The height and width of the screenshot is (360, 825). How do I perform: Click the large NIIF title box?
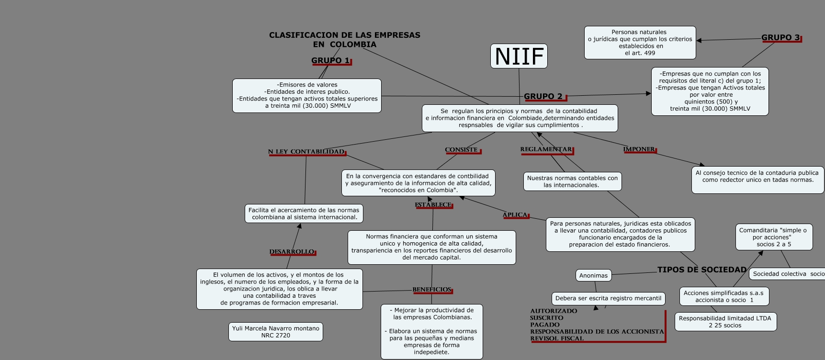click(x=519, y=56)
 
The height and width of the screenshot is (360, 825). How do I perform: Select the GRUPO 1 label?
click(x=330, y=60)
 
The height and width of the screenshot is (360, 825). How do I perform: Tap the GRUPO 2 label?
click(x=543, y=96)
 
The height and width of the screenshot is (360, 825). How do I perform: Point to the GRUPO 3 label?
click(x=780, y=37)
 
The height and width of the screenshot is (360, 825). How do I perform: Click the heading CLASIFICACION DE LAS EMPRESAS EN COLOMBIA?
click(x=345, y=40)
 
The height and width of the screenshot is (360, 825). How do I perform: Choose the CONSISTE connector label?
click(x=462, y=150)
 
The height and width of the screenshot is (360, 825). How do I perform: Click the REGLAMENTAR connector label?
click(x=546, y=149)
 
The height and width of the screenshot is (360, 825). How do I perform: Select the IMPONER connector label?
click(x=639, y=149)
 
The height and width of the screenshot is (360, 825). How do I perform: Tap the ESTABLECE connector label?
click(x=433, y=205)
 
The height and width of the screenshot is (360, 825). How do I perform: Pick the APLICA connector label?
click(x=515, y=215)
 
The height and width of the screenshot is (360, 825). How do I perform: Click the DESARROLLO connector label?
click(x=292, y=252)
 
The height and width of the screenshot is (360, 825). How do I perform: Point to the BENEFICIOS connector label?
click(x=432, y=290)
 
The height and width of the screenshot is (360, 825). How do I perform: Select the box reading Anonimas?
click(x=593, y=275)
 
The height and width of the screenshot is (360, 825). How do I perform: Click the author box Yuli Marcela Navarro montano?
click(x=276, y=332)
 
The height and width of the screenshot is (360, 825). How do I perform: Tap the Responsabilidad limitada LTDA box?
click(x=725, y=322)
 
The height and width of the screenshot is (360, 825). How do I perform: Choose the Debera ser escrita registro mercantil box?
click(x=608, y=298)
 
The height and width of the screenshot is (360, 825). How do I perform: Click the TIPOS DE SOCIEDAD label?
click(x=702, y=270)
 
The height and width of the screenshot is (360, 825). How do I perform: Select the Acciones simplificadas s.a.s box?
click(x=723, y=296)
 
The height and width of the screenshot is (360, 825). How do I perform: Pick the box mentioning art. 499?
click(x=640, y=43)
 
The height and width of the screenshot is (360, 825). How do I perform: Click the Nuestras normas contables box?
click(x=572, y=181)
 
